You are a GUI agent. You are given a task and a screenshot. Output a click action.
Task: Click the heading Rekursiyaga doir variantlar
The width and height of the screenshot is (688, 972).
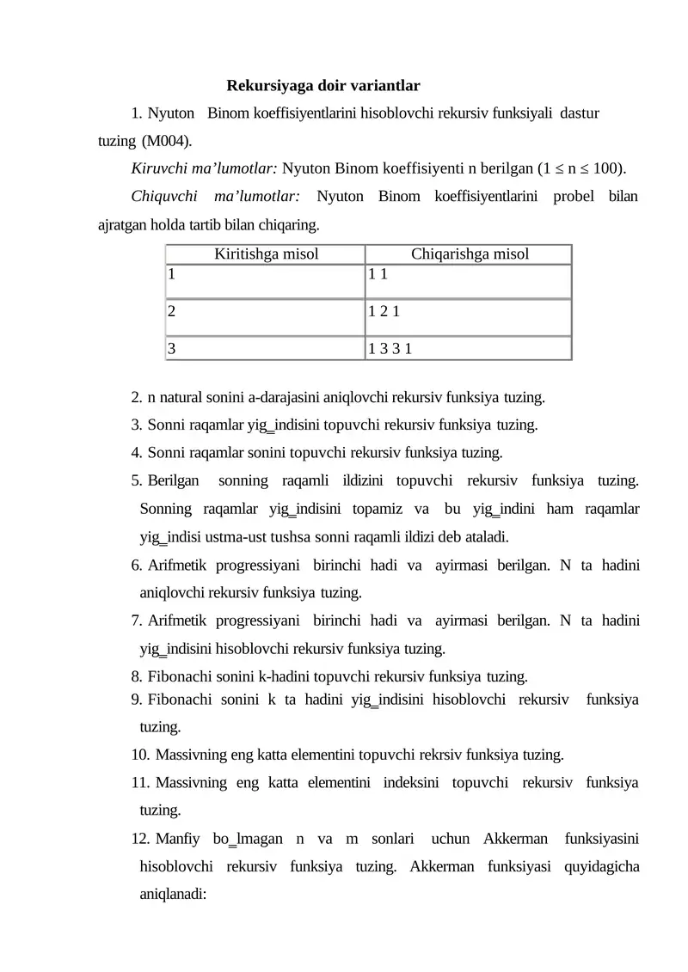(322, 86)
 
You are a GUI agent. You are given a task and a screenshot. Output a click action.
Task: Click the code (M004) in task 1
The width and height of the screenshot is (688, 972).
(167, 140)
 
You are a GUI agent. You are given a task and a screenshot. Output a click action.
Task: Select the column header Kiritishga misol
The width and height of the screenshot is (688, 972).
(265, 254)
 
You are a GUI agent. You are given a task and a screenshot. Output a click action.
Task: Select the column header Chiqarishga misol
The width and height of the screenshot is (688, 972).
(469, 254)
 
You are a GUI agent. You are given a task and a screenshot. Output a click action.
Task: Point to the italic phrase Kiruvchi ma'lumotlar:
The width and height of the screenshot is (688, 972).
(205, 168)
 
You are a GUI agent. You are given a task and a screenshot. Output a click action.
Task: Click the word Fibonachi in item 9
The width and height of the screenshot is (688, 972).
(180, 700)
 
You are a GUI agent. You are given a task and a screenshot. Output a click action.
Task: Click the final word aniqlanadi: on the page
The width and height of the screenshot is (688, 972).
(173, 894)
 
